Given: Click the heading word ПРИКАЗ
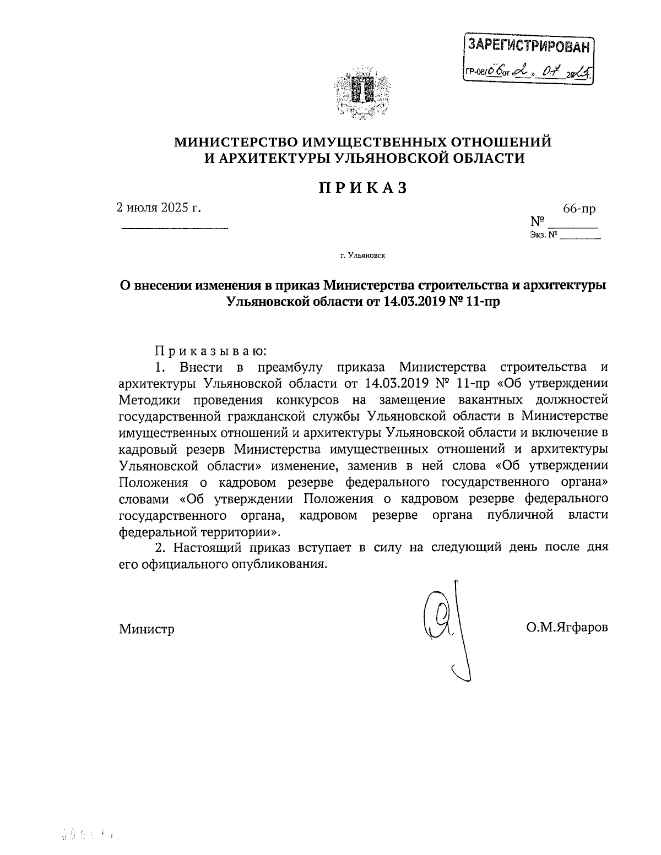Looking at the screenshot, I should click(363, 188).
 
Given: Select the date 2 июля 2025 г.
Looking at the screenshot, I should click(159, 209).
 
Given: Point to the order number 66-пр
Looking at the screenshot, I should click(578, 209).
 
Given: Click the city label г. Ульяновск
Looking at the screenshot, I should click(362, 255).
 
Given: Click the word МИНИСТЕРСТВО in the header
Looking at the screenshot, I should click(236, 142).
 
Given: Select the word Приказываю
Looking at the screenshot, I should click(210, 350).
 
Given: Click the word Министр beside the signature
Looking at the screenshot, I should click(147, 629).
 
